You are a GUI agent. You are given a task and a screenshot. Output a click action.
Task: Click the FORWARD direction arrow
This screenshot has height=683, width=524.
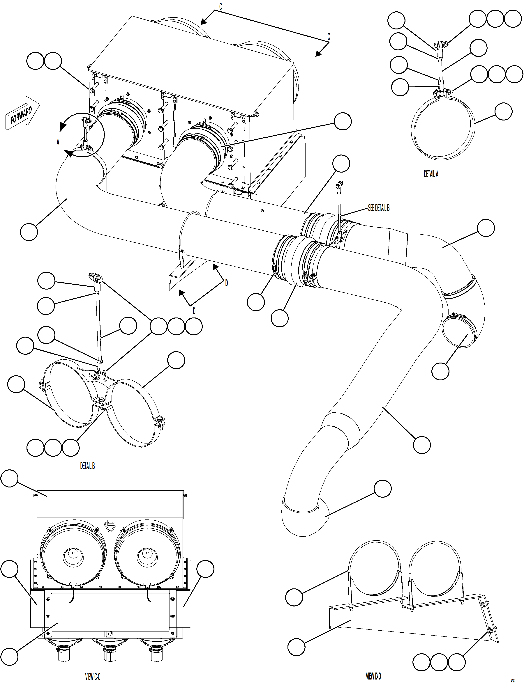[x=22, y=113]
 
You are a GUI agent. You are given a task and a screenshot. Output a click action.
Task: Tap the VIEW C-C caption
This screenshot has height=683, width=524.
[x=93, y=668]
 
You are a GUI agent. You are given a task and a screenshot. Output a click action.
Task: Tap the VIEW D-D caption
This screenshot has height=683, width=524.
[x=373, y=667]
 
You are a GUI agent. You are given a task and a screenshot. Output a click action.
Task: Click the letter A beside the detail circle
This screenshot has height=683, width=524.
[x=58, y=142]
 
